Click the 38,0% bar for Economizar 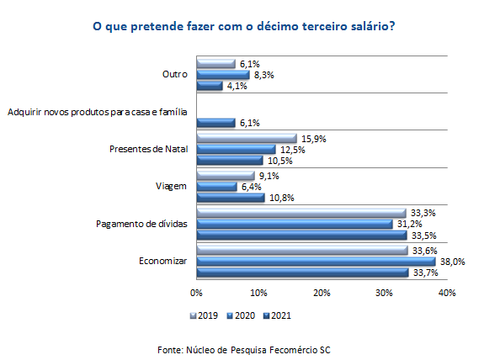pyautogui.click(x=316, y=262)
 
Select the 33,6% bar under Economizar pyautogui.click(x=301, y=251)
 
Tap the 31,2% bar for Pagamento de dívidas pyautogui.click(x=294, y=225)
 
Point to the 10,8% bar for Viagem pyautogui.click(x=230, y=198)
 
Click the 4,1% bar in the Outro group pyautogui.click(x=209, y=86)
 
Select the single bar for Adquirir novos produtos pyautogui.click(x=215, y=123)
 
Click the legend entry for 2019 pyautogui.click(x=205, y=316)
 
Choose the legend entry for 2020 pyautogui.click(x=241, y=316)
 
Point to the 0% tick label pyautogui.click(x=196, y=294)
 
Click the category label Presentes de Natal pyautogui.click(x=147, y=149)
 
